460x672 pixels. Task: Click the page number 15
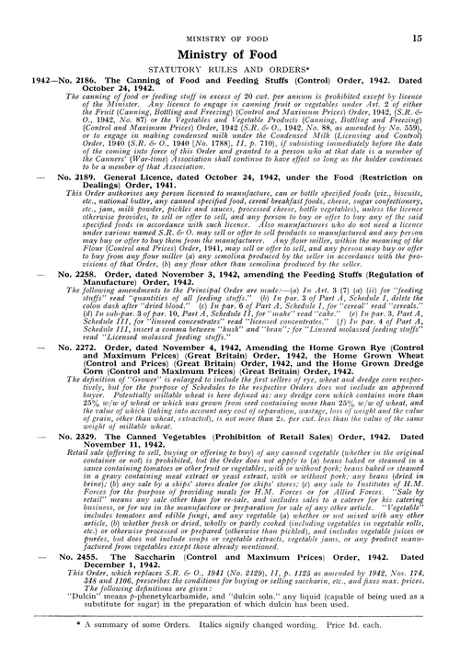point(417,39)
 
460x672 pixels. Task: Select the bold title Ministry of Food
point(229,60)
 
